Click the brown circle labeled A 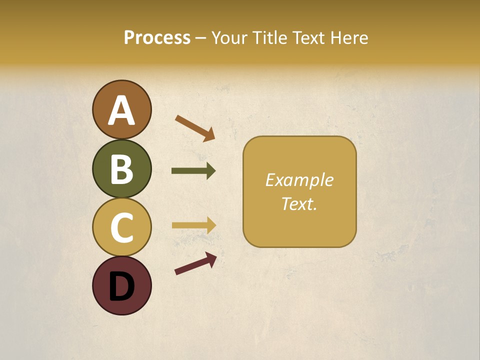[121, 109]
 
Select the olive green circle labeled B [121, 168]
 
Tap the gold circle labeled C [121, 227]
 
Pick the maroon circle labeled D [121, 285]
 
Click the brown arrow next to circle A [194, 127]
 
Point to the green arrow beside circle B [193, 171]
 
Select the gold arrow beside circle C [193, 225]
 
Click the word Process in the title [157, 37]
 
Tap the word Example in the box [299, 180]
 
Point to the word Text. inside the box [299, 203]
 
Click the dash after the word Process [200, 38]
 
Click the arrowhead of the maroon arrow [210, 258]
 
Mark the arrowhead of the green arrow [210, 171]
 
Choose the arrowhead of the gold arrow [210, 225]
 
